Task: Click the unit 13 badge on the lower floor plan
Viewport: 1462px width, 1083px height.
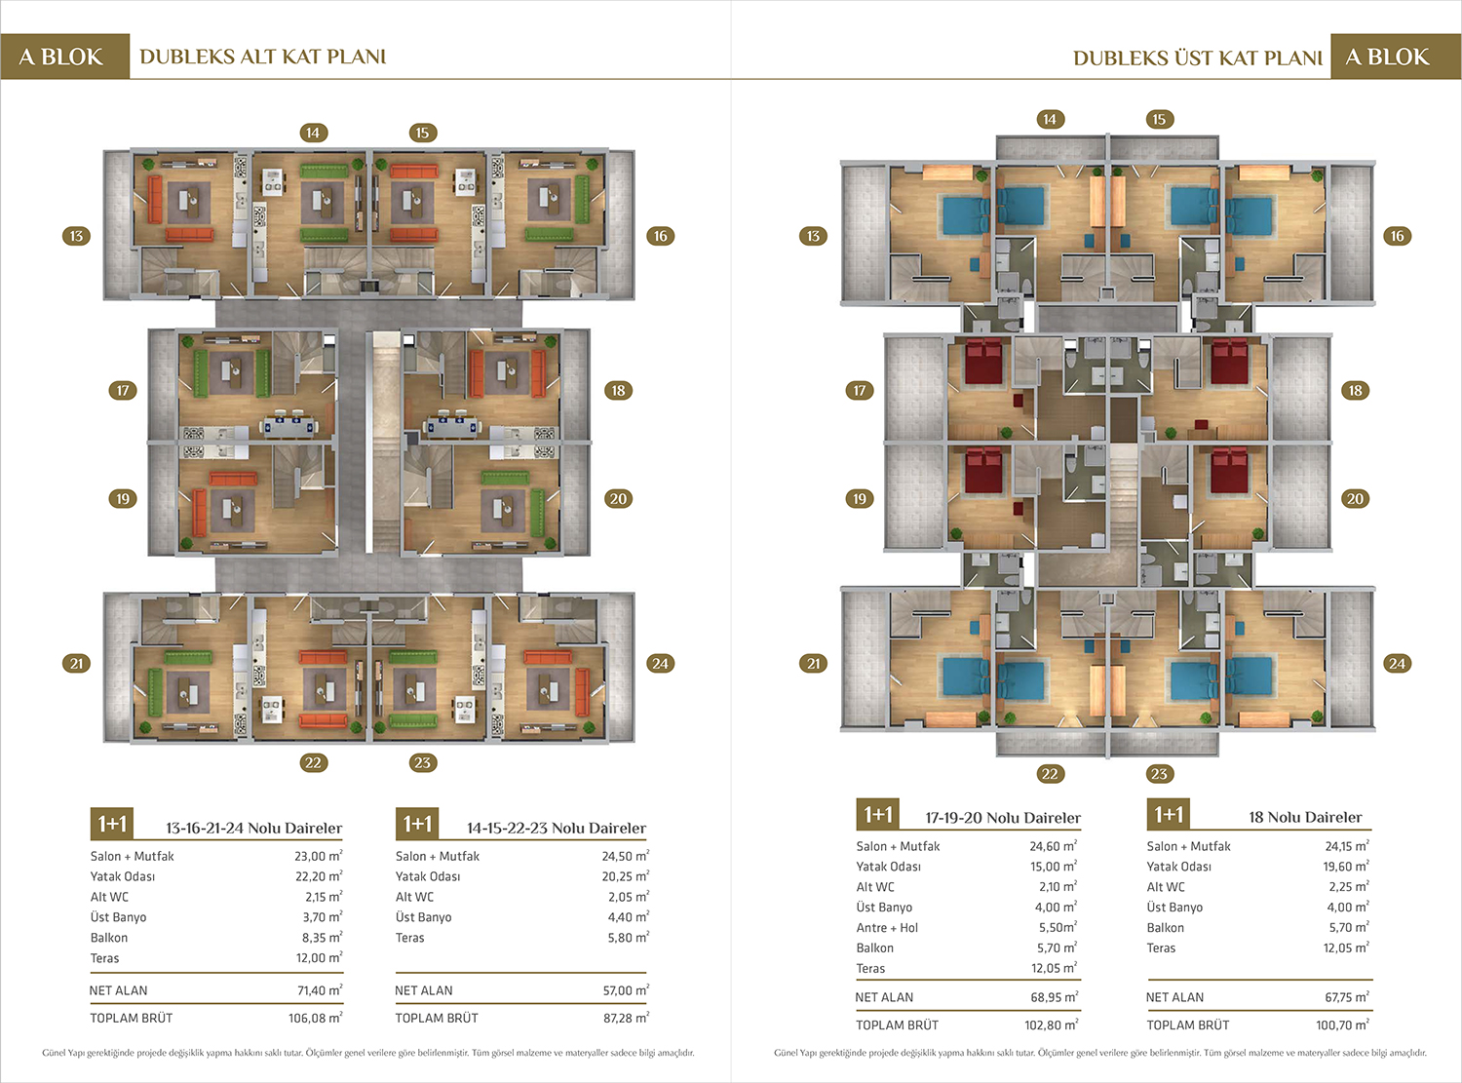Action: coord(76,236)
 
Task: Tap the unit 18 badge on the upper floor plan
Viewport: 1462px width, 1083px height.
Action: coord(1355,390)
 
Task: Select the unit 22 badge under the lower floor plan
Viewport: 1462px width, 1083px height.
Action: coord(313,762)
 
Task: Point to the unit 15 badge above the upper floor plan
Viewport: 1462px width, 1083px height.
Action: coord(1160,119)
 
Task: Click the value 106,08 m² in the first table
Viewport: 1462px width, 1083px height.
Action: coord(315,1018)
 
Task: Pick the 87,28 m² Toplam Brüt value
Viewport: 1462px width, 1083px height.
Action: coord(626,1018)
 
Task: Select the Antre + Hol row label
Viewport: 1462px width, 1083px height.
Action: coord(887,927)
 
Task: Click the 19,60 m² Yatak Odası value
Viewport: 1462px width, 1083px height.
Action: coord(1346,867)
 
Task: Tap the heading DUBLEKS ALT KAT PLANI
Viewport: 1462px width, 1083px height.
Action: coord(263,57)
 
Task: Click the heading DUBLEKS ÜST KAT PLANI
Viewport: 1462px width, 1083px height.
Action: coord(1198,58)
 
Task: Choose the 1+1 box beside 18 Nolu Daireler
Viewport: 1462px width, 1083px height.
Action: coord(1169,814)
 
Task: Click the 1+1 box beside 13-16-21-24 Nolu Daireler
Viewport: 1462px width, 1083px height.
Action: coord(112,824)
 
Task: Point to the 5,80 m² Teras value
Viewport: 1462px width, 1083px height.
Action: coord(628,938)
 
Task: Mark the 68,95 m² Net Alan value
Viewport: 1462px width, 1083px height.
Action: coord(1055,997)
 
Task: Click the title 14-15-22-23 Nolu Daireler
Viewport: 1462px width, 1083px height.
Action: coord(557,828)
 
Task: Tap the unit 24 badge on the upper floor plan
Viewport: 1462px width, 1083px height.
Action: coord(1398,663)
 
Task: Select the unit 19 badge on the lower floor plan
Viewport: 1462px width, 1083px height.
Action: coord(123,498)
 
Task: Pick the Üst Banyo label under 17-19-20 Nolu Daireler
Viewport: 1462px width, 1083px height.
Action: coord(884,907)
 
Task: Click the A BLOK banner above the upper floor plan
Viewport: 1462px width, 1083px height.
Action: coord(1388,57)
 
